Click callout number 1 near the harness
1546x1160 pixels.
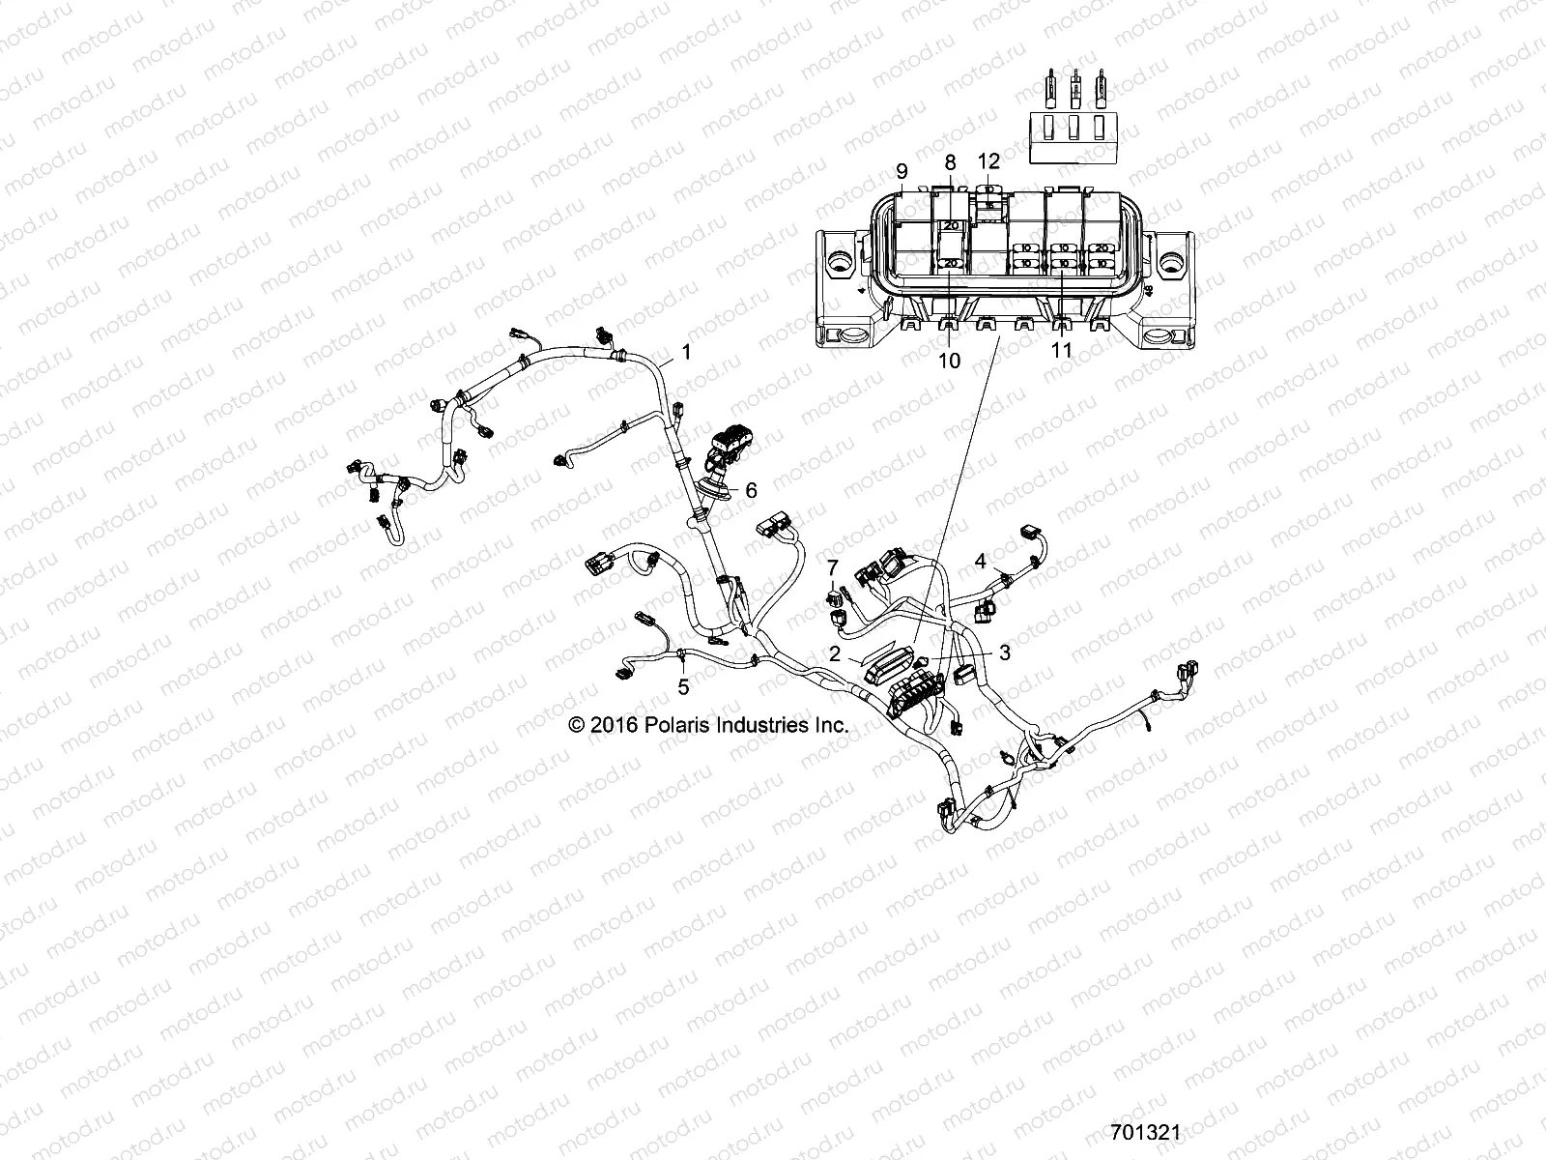pyautogui.click(x=687, y=353)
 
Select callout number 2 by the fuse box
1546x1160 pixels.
pyautogui.click(x=835, y=653)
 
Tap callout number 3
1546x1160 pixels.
pyautogui.click(x=1005, y=653)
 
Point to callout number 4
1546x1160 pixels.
pyautogui.click(x=980, y=561)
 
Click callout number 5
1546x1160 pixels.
pyautogui.click(x=683, y=687)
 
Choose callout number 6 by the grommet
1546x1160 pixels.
pyautogui.click(x=751, y=490)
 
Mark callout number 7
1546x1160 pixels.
pyautogui.click(x=832, y=566)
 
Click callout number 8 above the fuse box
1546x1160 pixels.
pyautogui.click(x=950, y=161)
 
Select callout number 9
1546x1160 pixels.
pyautogui.click(x=902, y=172)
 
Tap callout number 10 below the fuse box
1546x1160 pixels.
pyautogui.click(x=950, y=361)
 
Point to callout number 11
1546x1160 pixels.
pyautogui.click(x=1062, y=350)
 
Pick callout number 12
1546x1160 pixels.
pyautogui.click(x=988, y=160)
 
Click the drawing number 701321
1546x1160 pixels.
pyautogui.click(x=1145, y=1132)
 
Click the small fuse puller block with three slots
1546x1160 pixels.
pyautogui.click(x=1071, y=134)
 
